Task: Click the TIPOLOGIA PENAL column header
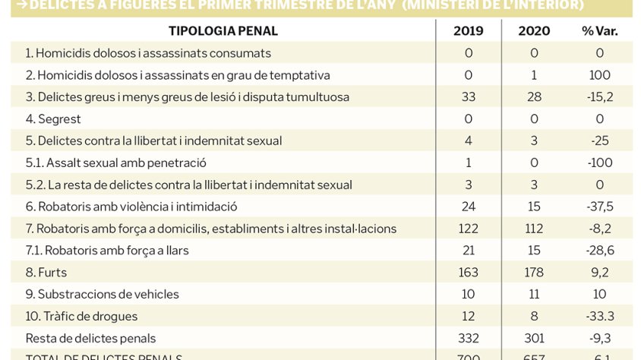tap(223, 31)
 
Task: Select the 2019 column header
tap(468, 31)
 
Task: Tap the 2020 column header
tap(534, 31)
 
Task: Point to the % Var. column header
tap(600, 31)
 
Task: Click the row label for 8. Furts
tap(46, 272)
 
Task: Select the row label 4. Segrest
tap(53, 118)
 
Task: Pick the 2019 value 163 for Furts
tap(468, 272)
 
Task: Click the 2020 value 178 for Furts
tap(534, 272)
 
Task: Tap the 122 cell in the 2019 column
tap(468, 228)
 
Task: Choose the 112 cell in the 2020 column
tap(534, 228)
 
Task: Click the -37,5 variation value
tap(600, 207)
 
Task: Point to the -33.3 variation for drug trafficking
tap(600, 316)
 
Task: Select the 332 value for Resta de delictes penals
tap(468, 338)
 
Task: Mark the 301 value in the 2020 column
tap(534, 338)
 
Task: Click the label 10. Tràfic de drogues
tap(81, 316)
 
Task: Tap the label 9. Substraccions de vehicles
tap(102, 294)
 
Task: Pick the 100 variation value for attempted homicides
tap(600, 75)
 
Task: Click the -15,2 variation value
tap(600, 97)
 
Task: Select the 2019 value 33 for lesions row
tap(468, 97)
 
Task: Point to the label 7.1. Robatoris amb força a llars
tap(107, 250)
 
